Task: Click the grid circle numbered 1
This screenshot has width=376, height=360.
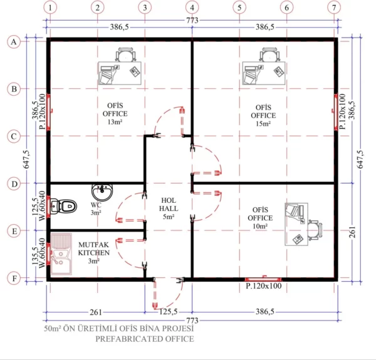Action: click(x=50, y=8)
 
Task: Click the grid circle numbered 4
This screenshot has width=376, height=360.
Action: click(x=192, y=8)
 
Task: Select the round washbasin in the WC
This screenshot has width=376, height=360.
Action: click(x=100, y=192)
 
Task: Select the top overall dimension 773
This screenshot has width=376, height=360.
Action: click(x=192, y=20)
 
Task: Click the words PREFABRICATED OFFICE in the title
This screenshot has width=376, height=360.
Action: click(x=144, y=339)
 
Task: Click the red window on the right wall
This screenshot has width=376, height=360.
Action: click(x=336, y=113)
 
